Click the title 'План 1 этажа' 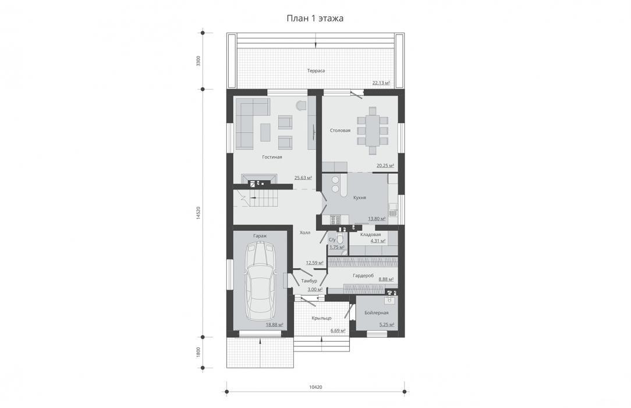click(315, 19)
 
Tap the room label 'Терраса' click(316, 71)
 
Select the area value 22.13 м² click(381, 83)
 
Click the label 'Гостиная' click(272, 157)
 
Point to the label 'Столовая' click(340, 131)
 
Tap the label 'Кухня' click(359, 198)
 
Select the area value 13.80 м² click(377, 219)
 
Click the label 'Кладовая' click(371, 234)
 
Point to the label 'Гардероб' click(363, 276)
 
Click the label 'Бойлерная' click(376, 313)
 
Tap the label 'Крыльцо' click(321, 318)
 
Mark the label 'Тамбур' click(309, 281)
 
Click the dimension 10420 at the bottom click(316, 388)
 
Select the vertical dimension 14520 click(197, 213)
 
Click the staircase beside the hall click(250, 198)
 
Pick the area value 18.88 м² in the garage click(274, 325)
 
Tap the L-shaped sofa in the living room click(247, 123)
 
